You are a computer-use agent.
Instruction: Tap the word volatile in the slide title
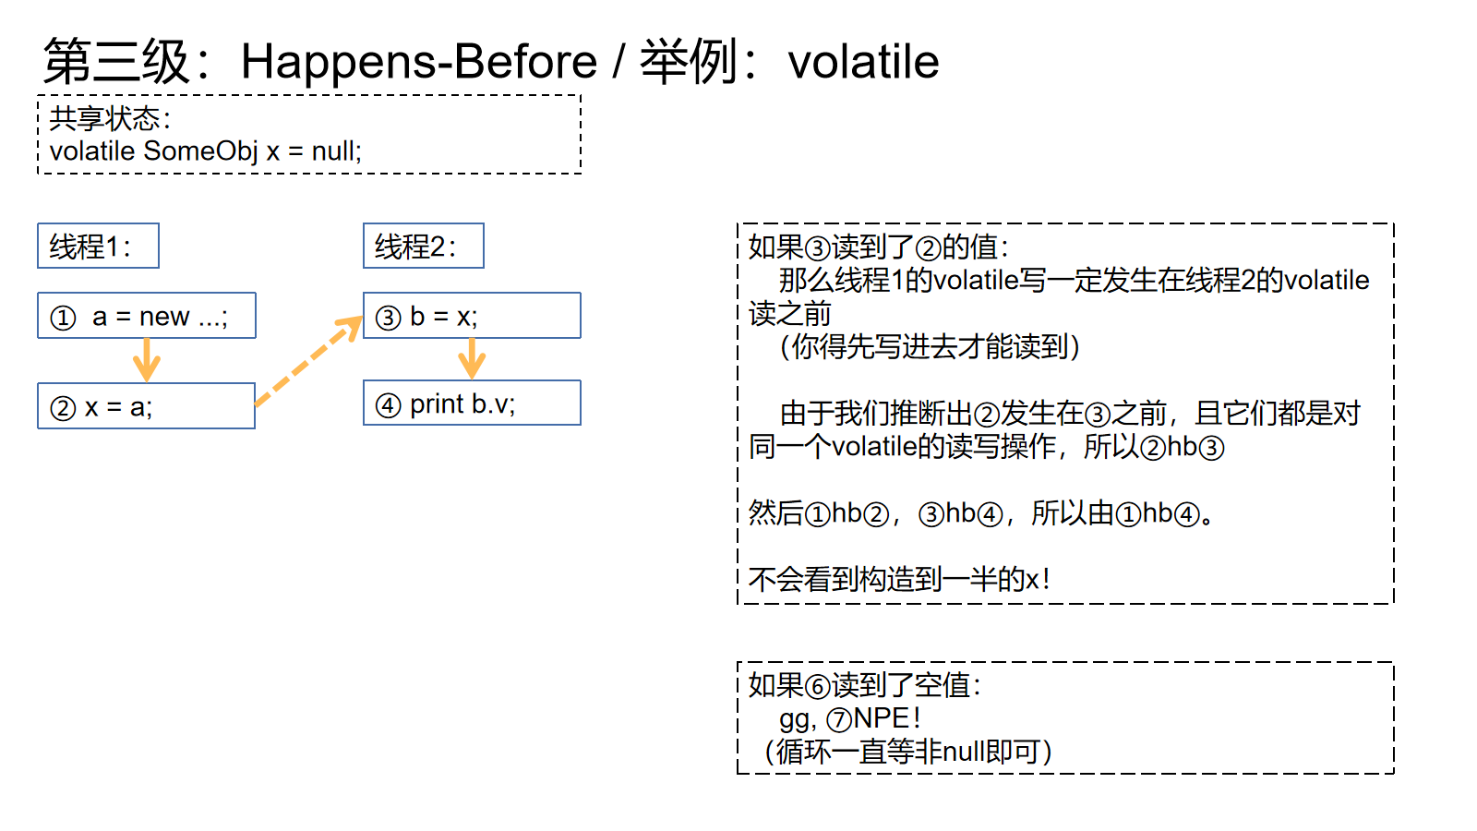coord(863,62)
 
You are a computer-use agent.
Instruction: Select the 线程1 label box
coord(98,246)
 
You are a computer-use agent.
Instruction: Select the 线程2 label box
coord(424,246)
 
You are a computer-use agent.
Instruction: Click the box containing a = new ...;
coord(147,315)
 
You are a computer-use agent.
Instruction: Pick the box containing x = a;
coord(147,405)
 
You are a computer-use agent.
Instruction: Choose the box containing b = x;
coord(472,315)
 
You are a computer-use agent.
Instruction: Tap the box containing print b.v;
coord(472,403)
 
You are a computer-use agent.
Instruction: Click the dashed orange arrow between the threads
coord(308,361)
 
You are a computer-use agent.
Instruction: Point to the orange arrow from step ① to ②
coord(147,360)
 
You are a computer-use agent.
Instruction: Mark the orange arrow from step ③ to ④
coord(472,359)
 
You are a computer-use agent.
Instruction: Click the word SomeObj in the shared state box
coord(200,151)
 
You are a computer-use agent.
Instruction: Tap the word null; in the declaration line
coord(336,151)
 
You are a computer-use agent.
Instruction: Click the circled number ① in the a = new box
coord(64,318)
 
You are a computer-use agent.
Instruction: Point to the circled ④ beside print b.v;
coord(389,405)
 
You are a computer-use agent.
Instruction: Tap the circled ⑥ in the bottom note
coord(818,687)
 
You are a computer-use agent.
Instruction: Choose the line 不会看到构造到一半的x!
coord(899,580)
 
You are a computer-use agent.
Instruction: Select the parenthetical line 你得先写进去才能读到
coord(930,347)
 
